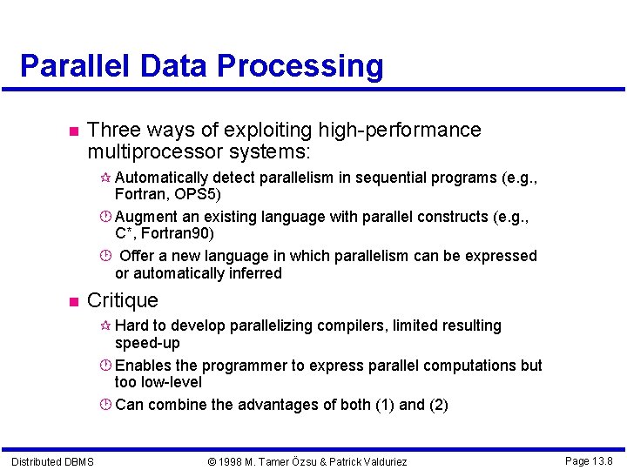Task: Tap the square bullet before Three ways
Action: [x=73, y=131]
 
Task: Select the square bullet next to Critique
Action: [x=73, y=302]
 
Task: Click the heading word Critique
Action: [x=123, y=301]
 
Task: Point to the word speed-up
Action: [x=147, y=343]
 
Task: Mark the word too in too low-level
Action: [x=125, y=382]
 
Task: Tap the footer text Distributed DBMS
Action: [x=52, y=461]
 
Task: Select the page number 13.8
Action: [x=602, y=460]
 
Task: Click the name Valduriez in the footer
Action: [x=378, y=461]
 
